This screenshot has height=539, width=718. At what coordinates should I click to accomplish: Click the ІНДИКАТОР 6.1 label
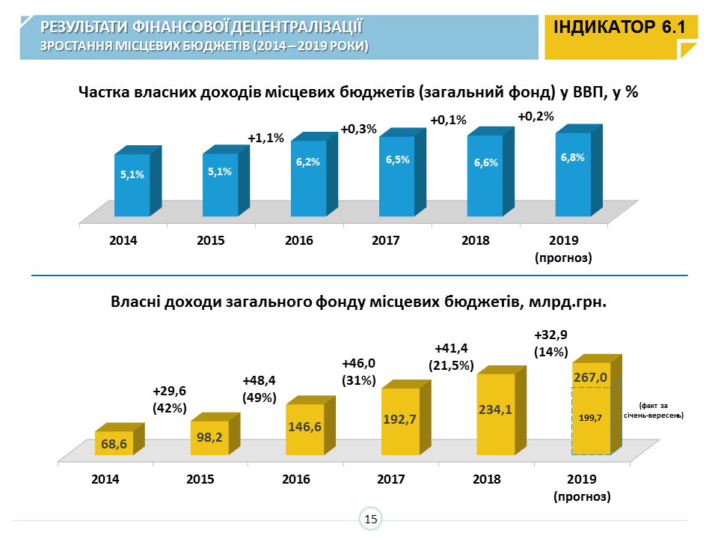pos(620,28)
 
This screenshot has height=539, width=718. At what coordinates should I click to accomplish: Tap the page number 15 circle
pos(370,519)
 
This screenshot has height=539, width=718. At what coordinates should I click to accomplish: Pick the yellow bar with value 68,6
pos(114,443)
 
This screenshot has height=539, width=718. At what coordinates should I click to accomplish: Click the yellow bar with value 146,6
pos(305,429)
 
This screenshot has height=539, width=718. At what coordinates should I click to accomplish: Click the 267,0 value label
pos(591,377)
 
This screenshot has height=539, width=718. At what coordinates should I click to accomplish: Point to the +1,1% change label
pos(266,138)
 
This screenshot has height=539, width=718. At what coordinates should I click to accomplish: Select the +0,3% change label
pos(358,129)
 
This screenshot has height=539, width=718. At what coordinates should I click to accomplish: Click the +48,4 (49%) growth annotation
pos(260,389)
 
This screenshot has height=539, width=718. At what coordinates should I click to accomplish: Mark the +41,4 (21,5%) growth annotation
pos(451,356)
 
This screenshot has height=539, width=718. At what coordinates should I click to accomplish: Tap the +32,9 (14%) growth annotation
pos(551,343)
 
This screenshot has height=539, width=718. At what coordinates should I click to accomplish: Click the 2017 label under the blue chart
pos(387,241)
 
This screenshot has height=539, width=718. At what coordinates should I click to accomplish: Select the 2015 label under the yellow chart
pos(200,479)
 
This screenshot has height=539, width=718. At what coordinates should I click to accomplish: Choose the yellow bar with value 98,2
pos(209,436)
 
